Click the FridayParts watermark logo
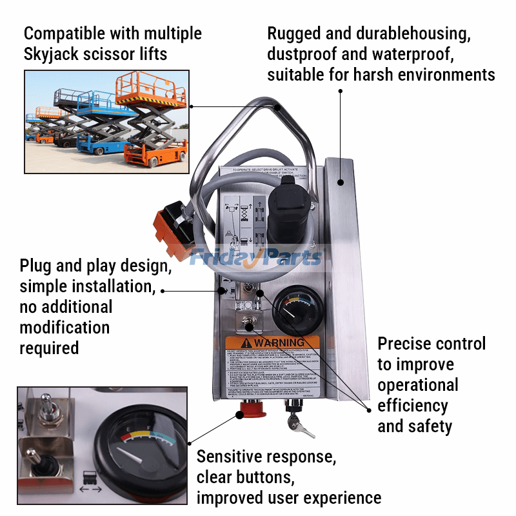(255, 258)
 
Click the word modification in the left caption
(64, 327)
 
